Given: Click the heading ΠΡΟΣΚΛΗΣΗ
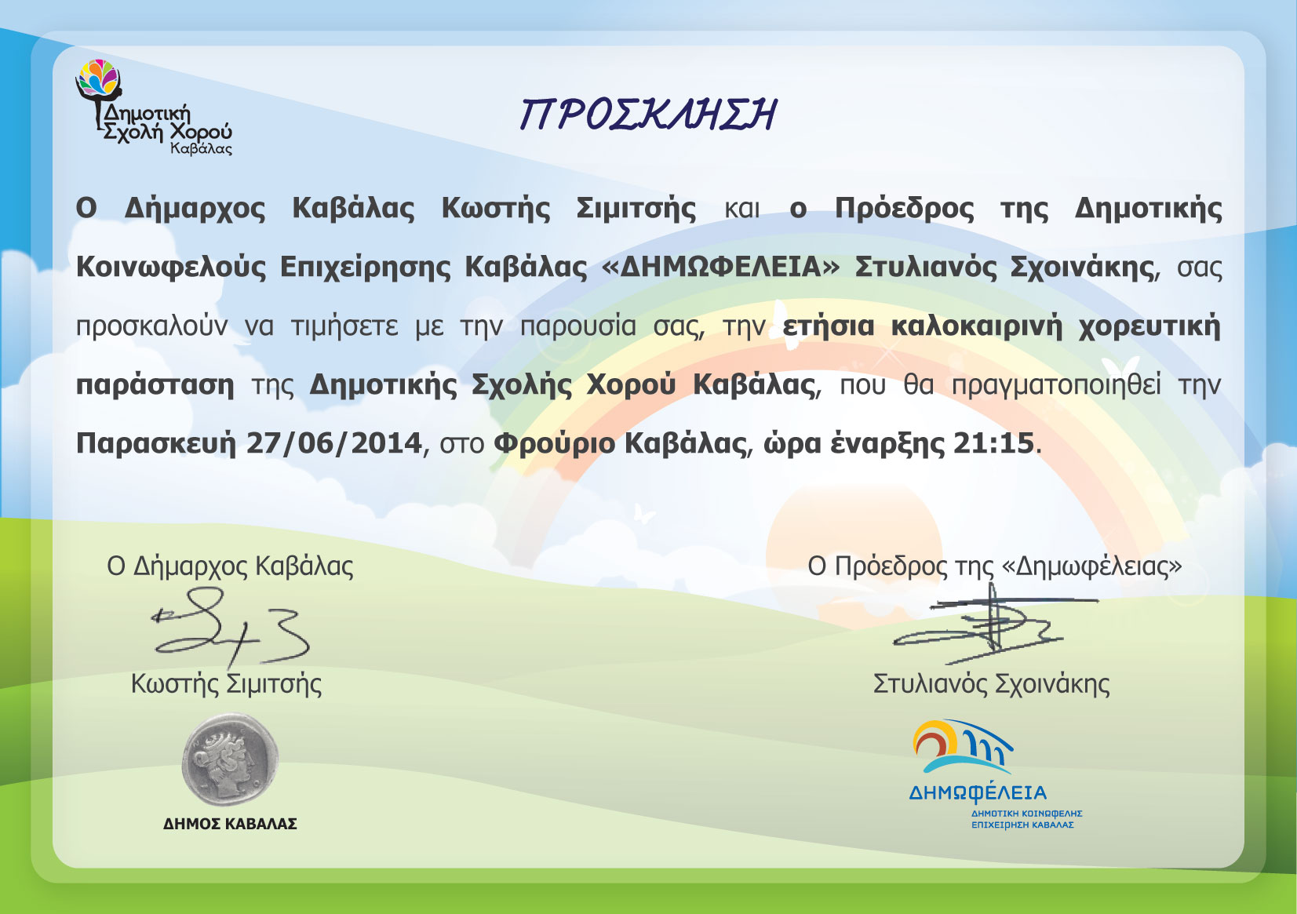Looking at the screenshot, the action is coord(647,114).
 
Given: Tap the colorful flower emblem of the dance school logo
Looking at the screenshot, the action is coord(100,76).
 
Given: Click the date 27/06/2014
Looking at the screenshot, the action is coord(334,443).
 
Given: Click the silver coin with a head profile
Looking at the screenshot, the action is coord(230,759).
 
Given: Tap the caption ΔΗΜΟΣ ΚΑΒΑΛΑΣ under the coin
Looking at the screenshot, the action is coord(230,824).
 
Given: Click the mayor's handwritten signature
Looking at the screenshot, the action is coord(231,627).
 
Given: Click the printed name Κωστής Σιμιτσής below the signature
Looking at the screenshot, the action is coord(227,684).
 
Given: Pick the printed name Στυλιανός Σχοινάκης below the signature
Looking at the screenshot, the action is coord(991,684).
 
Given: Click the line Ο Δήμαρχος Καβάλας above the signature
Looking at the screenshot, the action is coord(230,566).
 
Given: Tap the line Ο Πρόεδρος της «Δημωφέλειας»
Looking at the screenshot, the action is coord(995,566).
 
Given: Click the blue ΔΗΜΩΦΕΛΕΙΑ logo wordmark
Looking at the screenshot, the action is coord(978,792).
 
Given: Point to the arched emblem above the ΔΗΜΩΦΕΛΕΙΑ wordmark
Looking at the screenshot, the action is coord(962,747).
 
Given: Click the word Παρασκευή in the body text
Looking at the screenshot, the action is coord(156,444).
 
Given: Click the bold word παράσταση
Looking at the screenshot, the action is coord(155,385).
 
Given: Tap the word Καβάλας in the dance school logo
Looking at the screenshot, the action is coord(201,149).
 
